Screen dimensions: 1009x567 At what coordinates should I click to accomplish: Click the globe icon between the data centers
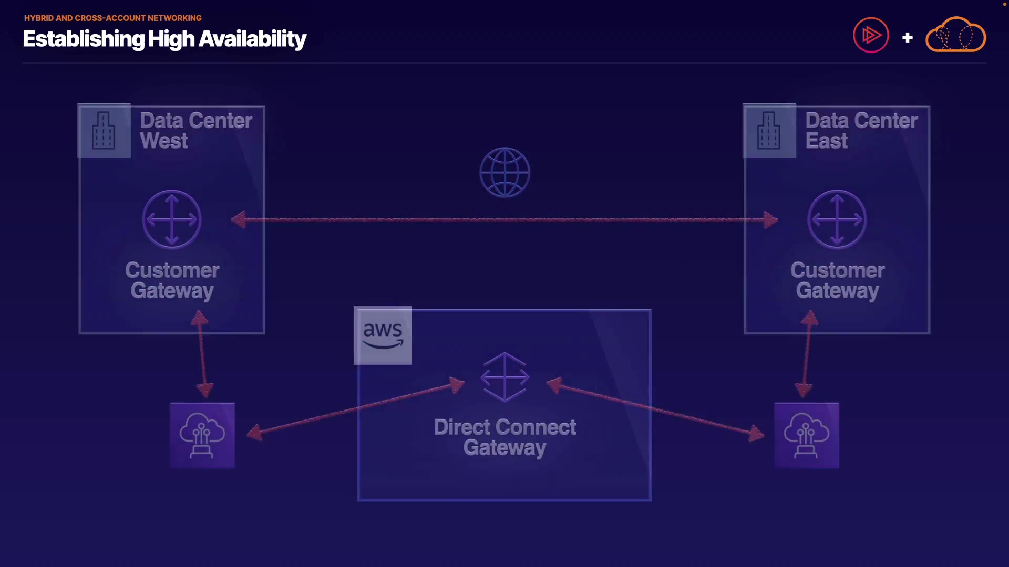[x=504, y=172]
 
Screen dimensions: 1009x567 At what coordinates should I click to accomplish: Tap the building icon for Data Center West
[x=104, y=131]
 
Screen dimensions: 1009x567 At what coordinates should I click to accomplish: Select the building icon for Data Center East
[x=769, y=131]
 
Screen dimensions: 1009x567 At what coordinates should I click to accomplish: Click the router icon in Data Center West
[x=172, y=219]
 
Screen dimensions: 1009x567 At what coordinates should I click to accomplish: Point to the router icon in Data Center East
[x=837, y=219]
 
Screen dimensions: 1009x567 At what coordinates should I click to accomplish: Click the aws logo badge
[x=383, y=335]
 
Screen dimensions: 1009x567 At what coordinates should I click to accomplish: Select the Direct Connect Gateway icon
[x=504, y=377]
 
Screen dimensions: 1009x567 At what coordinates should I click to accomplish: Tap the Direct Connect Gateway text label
[x=504, y=437]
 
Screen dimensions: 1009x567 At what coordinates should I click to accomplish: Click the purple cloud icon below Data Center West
[x=202, y=435]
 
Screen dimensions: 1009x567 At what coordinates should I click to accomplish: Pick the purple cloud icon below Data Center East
[x=807, y=435]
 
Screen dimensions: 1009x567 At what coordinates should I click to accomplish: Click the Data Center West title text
[x=196, y=131]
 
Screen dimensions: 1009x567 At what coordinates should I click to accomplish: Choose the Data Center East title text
[x=861, y=131]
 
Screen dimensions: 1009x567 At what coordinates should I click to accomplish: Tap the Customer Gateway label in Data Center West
[x=172, y=280]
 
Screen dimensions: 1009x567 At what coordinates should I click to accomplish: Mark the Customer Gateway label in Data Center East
[x=838, y=280]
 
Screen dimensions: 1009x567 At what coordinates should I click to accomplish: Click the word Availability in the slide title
[x=252, y=39]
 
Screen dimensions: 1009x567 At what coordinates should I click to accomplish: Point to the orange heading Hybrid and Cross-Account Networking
[x=113, y=18]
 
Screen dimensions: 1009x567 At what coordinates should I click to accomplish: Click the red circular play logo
[x=871, y=35]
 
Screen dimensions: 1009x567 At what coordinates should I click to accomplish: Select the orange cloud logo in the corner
[x=955, y=34]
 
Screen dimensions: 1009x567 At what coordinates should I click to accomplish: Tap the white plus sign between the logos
[x=907, y=38]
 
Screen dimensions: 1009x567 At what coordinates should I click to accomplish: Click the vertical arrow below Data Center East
[x=807, y=354]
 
